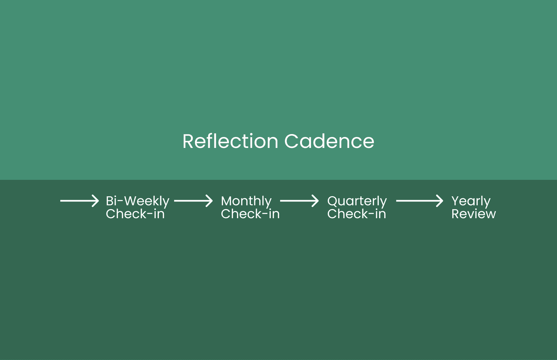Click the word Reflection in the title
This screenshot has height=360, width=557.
pyautogui.click(x=230, y=141)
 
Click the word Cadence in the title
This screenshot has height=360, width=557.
pyautogui.click(x=329, y=141)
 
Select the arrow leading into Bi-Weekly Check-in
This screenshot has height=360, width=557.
pyautogui.click(x=79, y=201)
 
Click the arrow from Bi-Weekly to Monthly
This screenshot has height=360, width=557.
pyautogui.click(x=193, y=201)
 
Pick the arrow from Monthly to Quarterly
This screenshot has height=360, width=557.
pyautogui.click(x=299, y=201)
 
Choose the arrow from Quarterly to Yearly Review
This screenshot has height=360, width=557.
pyautogui.click(x=419, y=201)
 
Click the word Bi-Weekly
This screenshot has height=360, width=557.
pyautogui.click(x=138, y=201)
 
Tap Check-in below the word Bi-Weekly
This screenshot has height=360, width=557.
pyautogui.click(x=135, y=214)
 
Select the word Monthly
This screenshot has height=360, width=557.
pyautogui.click(x=246, y=201)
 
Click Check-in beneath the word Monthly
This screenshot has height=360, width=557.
pyautogui.click(x=250, y=214)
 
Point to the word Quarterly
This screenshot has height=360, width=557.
pyautogui.click(x=357, y=201)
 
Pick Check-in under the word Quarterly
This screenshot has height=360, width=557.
pyautogui.click(x=357, y=214)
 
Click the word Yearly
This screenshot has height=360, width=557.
pyautogui.click(x=471, y=201)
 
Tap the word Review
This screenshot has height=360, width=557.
pyautogui.click(x=474, y=214)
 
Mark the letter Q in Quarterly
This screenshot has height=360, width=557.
pyautogui.click(x=333, y=201)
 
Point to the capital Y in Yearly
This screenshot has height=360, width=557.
pyautogui.click(x=456, y=201)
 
